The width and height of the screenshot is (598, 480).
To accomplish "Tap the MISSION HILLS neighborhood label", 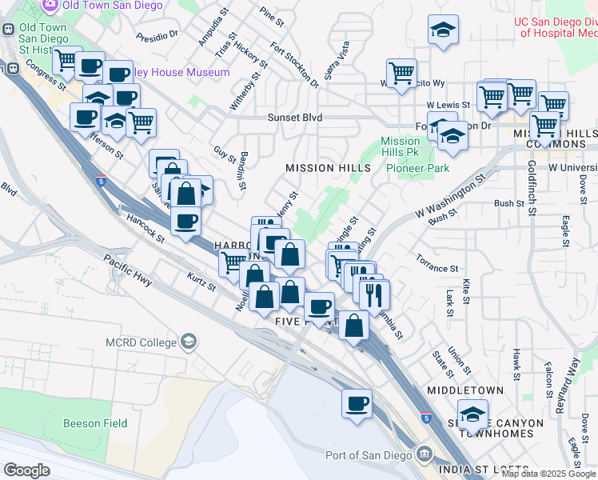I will click(x=329, y=168).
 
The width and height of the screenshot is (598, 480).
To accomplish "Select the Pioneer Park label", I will click(x=418, y=168).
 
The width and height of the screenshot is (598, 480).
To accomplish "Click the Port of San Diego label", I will click(x=369, y=455).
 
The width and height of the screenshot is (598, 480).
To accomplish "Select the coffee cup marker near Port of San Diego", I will click(x=357, y=403).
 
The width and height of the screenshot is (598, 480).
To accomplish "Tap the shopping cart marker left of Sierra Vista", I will click(x=401, y=74).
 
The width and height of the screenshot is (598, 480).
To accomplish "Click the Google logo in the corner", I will click(x=26, y=470).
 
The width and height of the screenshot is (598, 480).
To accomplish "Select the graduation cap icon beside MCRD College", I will click(x=188, y=342).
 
